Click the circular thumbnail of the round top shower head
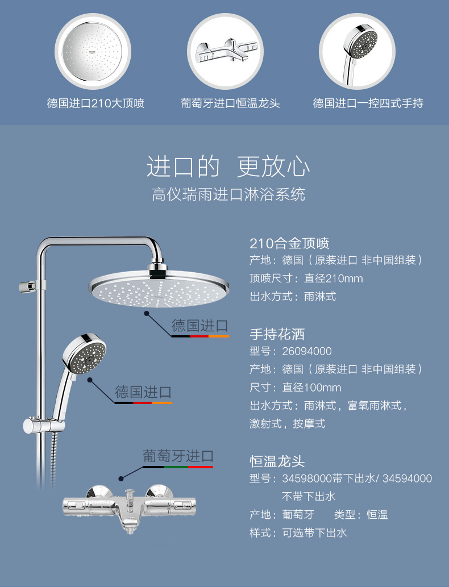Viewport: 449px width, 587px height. click(x=92, y=51)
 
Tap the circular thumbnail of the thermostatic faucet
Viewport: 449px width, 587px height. click(x=224, y=51)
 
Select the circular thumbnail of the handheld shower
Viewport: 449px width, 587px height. click(x=356, y=51)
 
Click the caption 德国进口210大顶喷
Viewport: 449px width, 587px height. click(x=95, y=103)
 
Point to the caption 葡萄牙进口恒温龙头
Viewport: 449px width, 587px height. click(x=230, y=103)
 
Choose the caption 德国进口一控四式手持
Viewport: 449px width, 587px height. click(x=368, y=103)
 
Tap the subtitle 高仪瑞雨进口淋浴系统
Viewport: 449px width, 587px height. click(x=228, y=195)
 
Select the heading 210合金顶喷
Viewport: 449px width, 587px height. click(x=289, y=244)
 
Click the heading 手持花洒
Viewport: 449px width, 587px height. click(x=277, y=334)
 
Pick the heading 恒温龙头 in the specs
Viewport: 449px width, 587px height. click(x=277, y=461)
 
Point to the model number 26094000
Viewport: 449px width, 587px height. click(x=307, y=351)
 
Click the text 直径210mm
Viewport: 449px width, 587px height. click(x=333, y=278)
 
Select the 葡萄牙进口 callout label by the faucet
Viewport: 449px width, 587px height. click(x=178, y=456)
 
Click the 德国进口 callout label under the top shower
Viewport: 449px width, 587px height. click(x=200, y=326)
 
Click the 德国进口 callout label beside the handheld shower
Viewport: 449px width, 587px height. click(x=143, y=392)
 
